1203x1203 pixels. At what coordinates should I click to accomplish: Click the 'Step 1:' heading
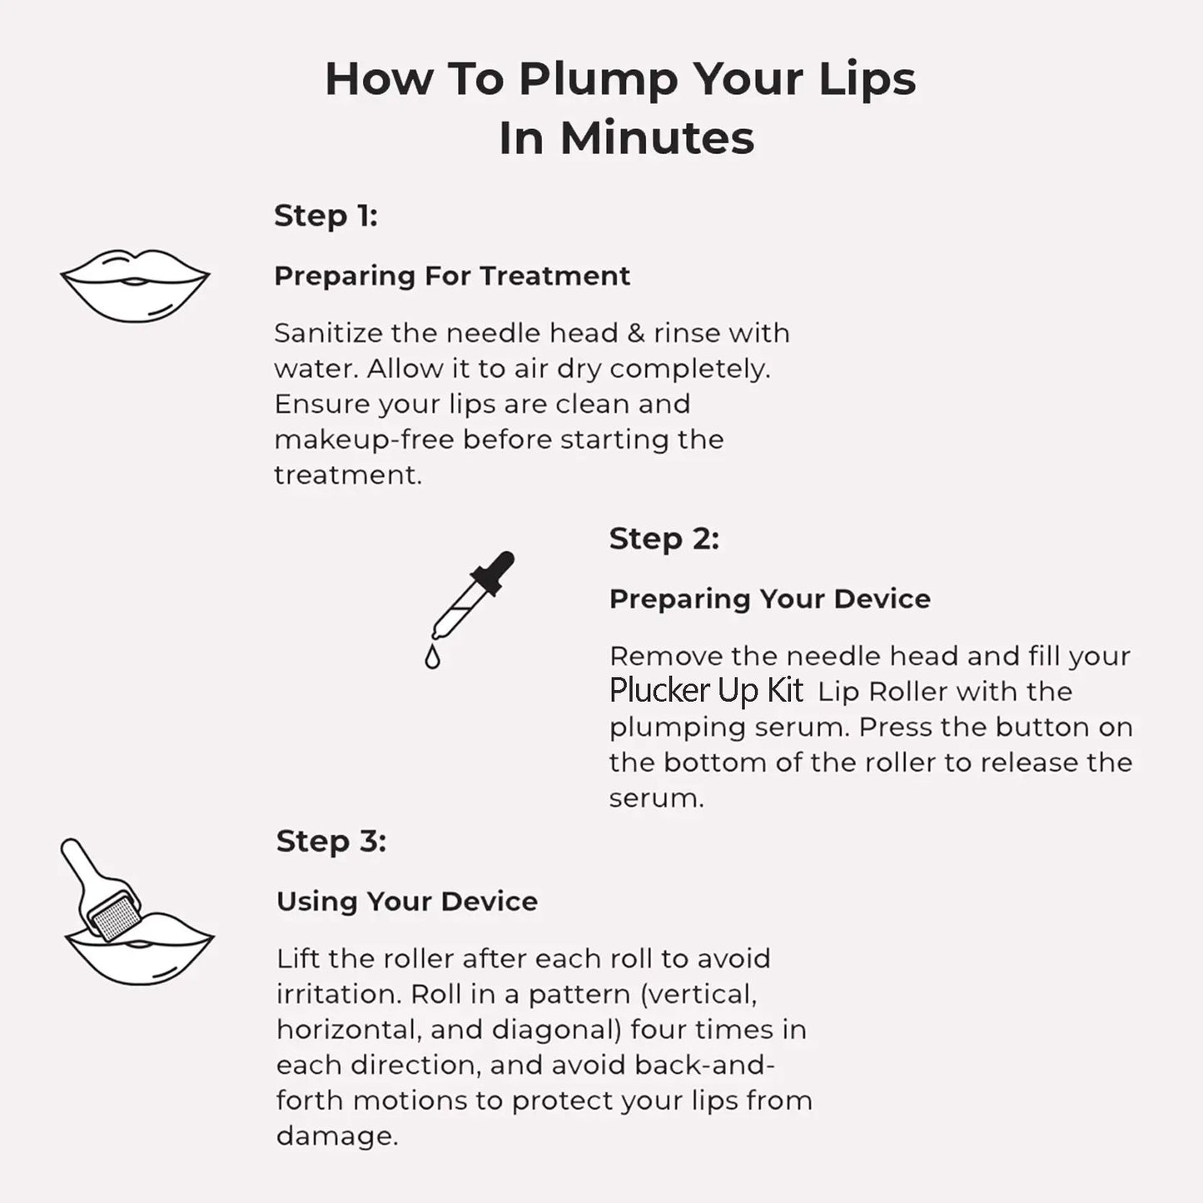click(x=326, y=216)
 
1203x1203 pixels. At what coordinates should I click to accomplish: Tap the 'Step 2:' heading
click(x=664, y=539)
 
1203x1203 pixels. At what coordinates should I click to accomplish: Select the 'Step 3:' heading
click(x=331, y=841)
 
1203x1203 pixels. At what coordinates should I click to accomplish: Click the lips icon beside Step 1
click(x=135, y=286)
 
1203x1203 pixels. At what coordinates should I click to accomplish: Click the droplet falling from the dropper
click(x=432, y=658)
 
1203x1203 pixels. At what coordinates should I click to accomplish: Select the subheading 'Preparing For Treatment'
click(x=451, y=276)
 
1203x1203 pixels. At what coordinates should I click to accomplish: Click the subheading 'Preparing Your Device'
click(x=769, y=599)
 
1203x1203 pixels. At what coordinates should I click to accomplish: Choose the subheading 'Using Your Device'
click(x=406, y=901)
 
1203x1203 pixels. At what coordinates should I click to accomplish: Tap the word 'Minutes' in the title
click(x=657, y=138)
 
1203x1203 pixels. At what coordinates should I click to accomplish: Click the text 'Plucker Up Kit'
click(x=706, y=691)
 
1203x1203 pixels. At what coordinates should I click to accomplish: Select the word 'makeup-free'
click(x=364, y=440)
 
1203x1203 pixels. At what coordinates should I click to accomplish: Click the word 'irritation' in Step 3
click(x=337, y=994)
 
